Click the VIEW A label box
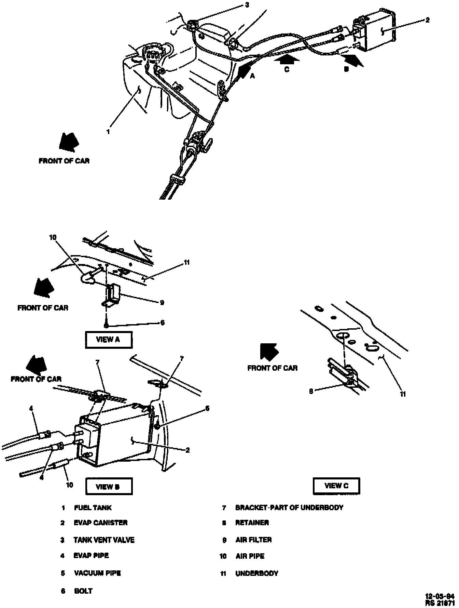pyautogui.click(x=108, y=340)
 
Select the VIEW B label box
pyautogui.click(x=108, y=487)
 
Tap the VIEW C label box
pyautogui.click(x=336, y=486)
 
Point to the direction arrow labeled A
pyautogui.click(x=244, y=70)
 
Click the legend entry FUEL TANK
pyautogui.click(x=93, y=508)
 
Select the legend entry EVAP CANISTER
pyautogui.click(x=100, y=523)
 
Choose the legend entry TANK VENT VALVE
pyautogui.click(x=104, y=540)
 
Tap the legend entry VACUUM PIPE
pyautogui.click(x=97, y=573)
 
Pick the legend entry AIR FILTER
pyautogui.click(x=253, y=540)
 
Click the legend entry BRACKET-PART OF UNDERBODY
pyautogui.click(x=289, y=508)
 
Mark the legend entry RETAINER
pyautogui.click(x=252, y=523)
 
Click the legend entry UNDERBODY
pyautogui.click(x=257, y=573)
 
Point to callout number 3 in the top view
pyautogui.click(x=247, y=5)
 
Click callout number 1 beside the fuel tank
pyautogui.click(x=108, y=131)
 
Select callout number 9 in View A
pyautogui.click(x=162, y=303)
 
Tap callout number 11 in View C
pyautogui.click(x=403, y=394)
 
